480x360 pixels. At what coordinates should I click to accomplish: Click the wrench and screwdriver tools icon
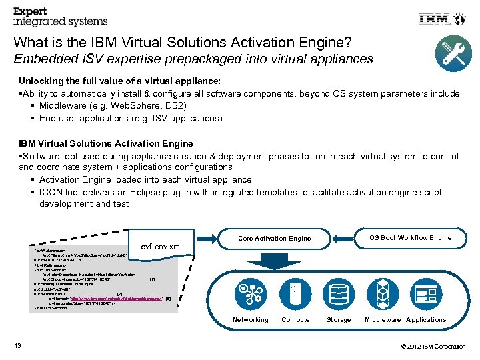(453, 54)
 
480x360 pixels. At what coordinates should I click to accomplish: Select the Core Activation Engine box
(274, 238)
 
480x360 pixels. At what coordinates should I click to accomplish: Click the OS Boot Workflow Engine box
(410, 238)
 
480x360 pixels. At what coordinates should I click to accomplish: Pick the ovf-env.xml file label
(161, 247)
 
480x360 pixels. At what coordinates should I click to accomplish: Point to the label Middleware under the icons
(383, 320)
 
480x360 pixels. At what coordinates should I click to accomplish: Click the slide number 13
(17, 346)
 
